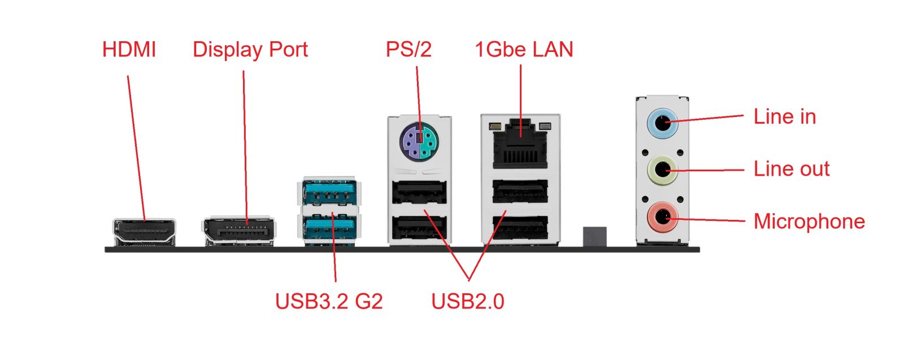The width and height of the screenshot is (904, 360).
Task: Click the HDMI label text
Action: pyautogui.click(x=129, y=50)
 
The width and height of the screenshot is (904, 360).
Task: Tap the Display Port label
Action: pyautogui.click(x=250, y=50)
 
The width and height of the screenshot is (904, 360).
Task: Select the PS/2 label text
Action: pyautogui.click(x=408, y=50)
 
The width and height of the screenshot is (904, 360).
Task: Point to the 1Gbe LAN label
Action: pyautogui.click(x=524, y=50)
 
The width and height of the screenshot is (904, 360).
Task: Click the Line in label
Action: pyautogui.click(x=784, y=117)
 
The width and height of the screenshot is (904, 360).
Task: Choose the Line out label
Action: pyautogui.click(x=791, y=169)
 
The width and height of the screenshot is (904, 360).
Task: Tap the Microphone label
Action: pyautogui.click(x=809, y=222)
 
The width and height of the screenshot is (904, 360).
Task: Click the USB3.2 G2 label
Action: pyautogui.click(x=329, y=301)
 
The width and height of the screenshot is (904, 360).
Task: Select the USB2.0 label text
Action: pyautogui.click(x=467, y=301)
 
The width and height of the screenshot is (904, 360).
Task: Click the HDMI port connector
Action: pyautogui.click(x=145, y=231)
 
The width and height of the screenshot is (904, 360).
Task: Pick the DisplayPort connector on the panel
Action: pyautogui.click(x=238, y=231)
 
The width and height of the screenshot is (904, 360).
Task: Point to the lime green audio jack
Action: pyautogui.click(x=662, y=170)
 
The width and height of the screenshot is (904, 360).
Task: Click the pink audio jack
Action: pyautogui.click(x=662, y=218)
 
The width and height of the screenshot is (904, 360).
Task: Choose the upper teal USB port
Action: pyautogui.click(x=329, y=192)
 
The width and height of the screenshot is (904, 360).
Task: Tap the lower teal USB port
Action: pyautogui.click(x=329, y=227)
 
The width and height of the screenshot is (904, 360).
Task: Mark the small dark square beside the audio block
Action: pyautogui.click(x=594, y=236)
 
